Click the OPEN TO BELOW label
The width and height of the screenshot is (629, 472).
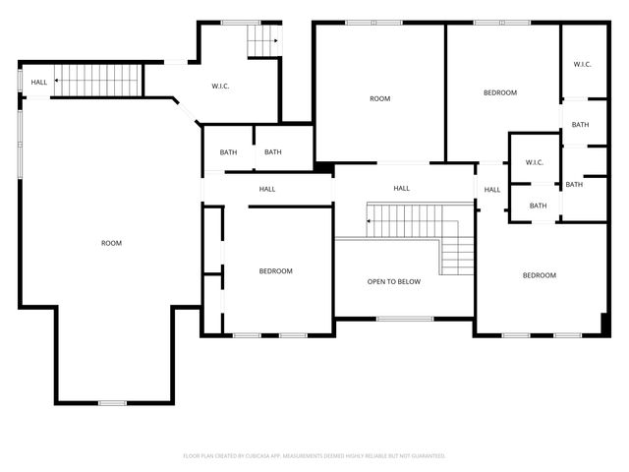tap(393, 282)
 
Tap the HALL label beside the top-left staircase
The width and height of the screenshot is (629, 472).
tap(38, 83)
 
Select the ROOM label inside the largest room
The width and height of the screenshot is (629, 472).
tap(111, 243)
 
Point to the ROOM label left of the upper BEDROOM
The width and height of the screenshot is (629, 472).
tap(379, 98)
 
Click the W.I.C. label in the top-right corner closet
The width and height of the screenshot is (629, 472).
tap(582, 65)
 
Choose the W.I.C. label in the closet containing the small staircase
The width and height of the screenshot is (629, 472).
tap(221, 87)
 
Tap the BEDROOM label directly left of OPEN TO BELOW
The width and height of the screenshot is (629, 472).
tap(275, 271)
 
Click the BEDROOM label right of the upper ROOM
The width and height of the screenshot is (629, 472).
tap(499, 92)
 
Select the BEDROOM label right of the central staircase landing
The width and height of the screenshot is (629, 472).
tap(539, 275)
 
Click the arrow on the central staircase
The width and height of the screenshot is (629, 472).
tap(370, 221)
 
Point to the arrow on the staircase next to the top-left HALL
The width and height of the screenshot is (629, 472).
tap(57, 81)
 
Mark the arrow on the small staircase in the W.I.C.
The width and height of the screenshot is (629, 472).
tap(276, 41)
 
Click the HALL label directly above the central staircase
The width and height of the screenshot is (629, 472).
tap(401, 189)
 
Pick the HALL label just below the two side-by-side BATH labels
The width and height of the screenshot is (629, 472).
tap(266, 189)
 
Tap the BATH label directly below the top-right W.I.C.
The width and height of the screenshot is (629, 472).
tap(580, 125)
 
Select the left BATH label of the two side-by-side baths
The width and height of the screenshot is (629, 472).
tap(228, 152)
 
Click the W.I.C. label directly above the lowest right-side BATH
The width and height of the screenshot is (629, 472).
tap(535, 163)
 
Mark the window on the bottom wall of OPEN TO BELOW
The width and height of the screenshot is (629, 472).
tap(405, 319)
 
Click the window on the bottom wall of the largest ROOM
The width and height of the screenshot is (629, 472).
tap(112, 403)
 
